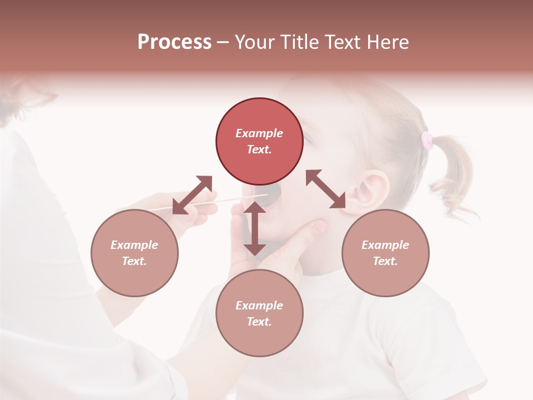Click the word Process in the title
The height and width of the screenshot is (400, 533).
[174, 42]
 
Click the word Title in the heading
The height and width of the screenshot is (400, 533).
[299, 42]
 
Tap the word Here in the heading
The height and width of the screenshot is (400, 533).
[387, 42]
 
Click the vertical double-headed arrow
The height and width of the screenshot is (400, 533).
[255, 228]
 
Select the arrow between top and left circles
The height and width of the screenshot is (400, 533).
[192, 194]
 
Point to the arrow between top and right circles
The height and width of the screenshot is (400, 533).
[326, 189]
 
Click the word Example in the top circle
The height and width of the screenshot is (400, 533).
[259, 133]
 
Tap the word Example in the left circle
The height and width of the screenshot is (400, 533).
[134, 245]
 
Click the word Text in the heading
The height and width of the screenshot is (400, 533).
[340, 42]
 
